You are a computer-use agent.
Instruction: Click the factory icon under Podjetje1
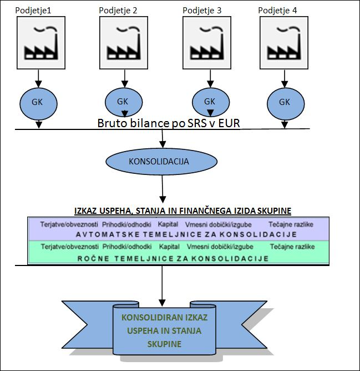pyautogui.click(x=39, y=43)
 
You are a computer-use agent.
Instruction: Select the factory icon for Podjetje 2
pyautogui.click(x=122, y=43)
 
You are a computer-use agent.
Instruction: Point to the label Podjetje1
pyautogui.click(x=36, y=9)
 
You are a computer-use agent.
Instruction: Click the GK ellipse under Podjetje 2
pyautogui.click(x=123, y=102)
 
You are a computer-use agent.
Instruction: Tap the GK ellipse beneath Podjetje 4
pyautogui.click(x=285, y=102)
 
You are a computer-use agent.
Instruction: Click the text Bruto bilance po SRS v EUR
pyautogui.click(x=169, y=122)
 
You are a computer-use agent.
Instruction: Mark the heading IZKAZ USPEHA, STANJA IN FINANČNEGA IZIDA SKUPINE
pyautogui.click(x=183, y=210)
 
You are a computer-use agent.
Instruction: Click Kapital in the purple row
pyautogui.click(x=168, y=224)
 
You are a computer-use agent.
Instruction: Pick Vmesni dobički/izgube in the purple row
pyautogui.click(x=220, y=224)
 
